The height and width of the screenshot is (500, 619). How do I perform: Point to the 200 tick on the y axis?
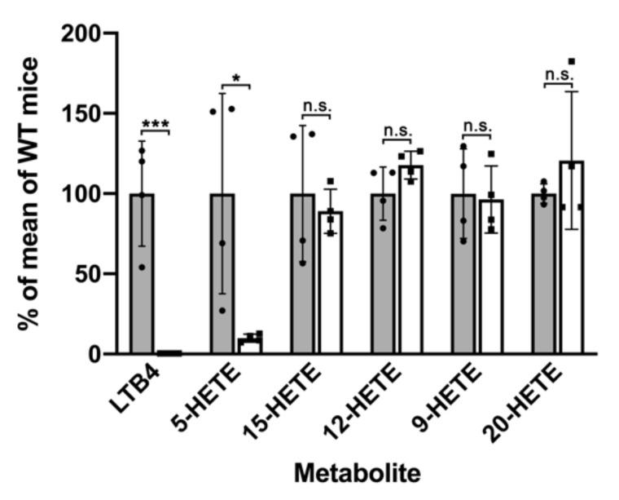95,33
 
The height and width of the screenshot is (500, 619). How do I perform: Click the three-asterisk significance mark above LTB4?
155,125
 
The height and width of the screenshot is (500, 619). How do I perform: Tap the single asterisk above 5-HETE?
235,79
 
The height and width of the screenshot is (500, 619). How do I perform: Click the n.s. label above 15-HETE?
316,106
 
